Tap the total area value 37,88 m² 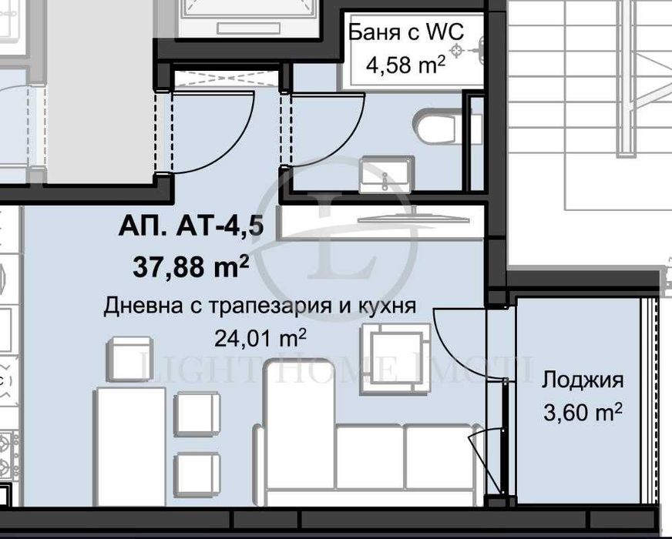190,267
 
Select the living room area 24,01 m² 260,337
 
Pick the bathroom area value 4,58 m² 405,65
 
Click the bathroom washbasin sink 386,174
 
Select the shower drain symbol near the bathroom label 459,51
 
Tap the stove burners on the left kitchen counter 9,454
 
